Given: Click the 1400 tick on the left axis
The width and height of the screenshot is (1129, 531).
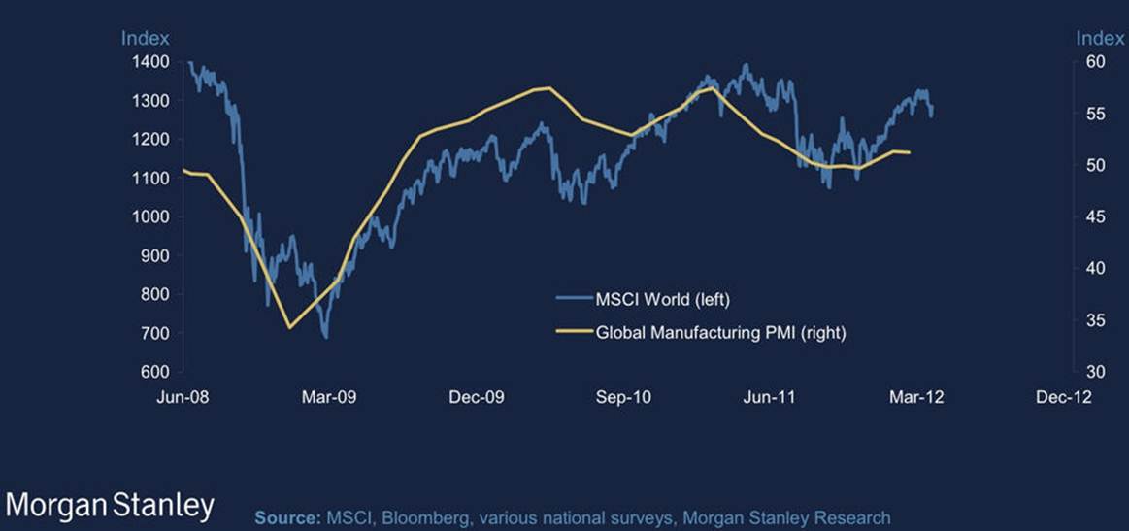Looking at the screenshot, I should click(x=151, y=62).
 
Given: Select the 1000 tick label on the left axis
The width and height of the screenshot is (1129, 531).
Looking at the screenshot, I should click(x=151, y=216).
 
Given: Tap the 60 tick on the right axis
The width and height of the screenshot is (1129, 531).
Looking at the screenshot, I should click(x=1094, y=62).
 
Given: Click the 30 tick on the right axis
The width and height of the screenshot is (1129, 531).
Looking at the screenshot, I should click(x=1094, y=372).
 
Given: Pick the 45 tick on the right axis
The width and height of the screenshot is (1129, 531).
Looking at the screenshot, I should click(x=1094, y=216).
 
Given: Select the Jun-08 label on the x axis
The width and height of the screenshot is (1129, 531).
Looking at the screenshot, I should click(x=183, y=396).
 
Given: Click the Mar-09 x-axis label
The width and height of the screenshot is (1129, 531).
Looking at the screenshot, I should click(x=330, y=396).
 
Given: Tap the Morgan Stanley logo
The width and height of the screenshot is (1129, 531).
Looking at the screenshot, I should click(x=109, y=506).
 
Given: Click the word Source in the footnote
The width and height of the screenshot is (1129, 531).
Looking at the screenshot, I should click(x=283, y=517).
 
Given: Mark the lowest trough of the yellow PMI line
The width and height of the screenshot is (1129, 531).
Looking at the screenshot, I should click(x=289, y=327).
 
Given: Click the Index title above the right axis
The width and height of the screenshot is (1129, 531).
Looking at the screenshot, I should click(x=1100, y=38).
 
